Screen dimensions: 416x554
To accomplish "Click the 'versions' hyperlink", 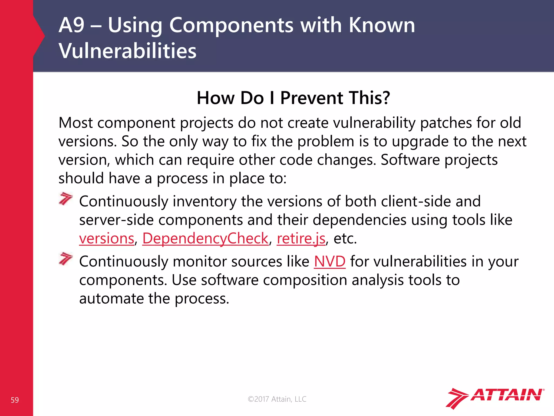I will pyautogui.click(x=107, y=239).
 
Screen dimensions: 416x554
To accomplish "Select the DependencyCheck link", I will pyautogui.click(x=205, y=239).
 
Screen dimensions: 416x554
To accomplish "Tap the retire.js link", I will pyautogui.click(x=301, y=239).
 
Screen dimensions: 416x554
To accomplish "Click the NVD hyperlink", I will pyautogui.click(x=329, y=262).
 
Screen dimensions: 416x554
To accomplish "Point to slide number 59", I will pyautogui.click(x=15, y=400).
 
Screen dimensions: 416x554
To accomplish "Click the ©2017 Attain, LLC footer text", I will pyautogui.click(x=277, y=399).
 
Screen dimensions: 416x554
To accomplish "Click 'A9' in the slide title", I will pyautogui.click(x=71, y=25).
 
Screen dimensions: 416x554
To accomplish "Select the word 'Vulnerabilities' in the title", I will pyautogui.click(x=127, y=51).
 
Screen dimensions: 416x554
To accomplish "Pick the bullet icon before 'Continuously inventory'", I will pyautogui.click(x=66, y=199).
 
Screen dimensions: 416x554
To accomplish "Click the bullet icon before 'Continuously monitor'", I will pyautogui.click(x=66, y=259).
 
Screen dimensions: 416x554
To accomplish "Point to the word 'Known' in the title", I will pyautogui.click(x=381, y=25).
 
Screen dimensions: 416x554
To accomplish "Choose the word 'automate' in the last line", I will pyautogui.click(x=111, y=299).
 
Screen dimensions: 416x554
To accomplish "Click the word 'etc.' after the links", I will pyautogui.click(x=345, y=239).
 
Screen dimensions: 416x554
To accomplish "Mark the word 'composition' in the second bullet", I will pyautogui.click(x=305, y=280).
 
